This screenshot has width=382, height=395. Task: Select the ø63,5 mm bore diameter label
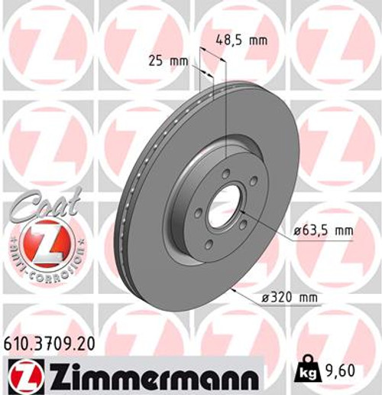click(x=322, y=229)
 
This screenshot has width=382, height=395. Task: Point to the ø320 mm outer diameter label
click(x=293, y=296)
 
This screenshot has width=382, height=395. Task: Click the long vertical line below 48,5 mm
click(x=227, y=115)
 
